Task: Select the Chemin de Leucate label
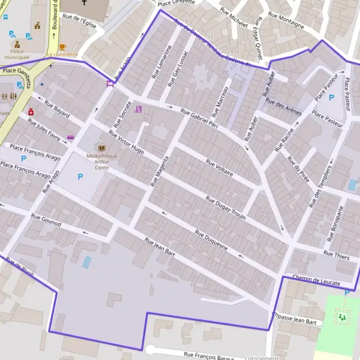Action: (316, 280)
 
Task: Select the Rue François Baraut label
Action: (209, 356)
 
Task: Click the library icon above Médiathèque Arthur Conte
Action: (101, 148)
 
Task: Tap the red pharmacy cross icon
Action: (31, 111)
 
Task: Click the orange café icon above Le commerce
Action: (62, 46)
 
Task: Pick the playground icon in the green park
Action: (343, 316)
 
